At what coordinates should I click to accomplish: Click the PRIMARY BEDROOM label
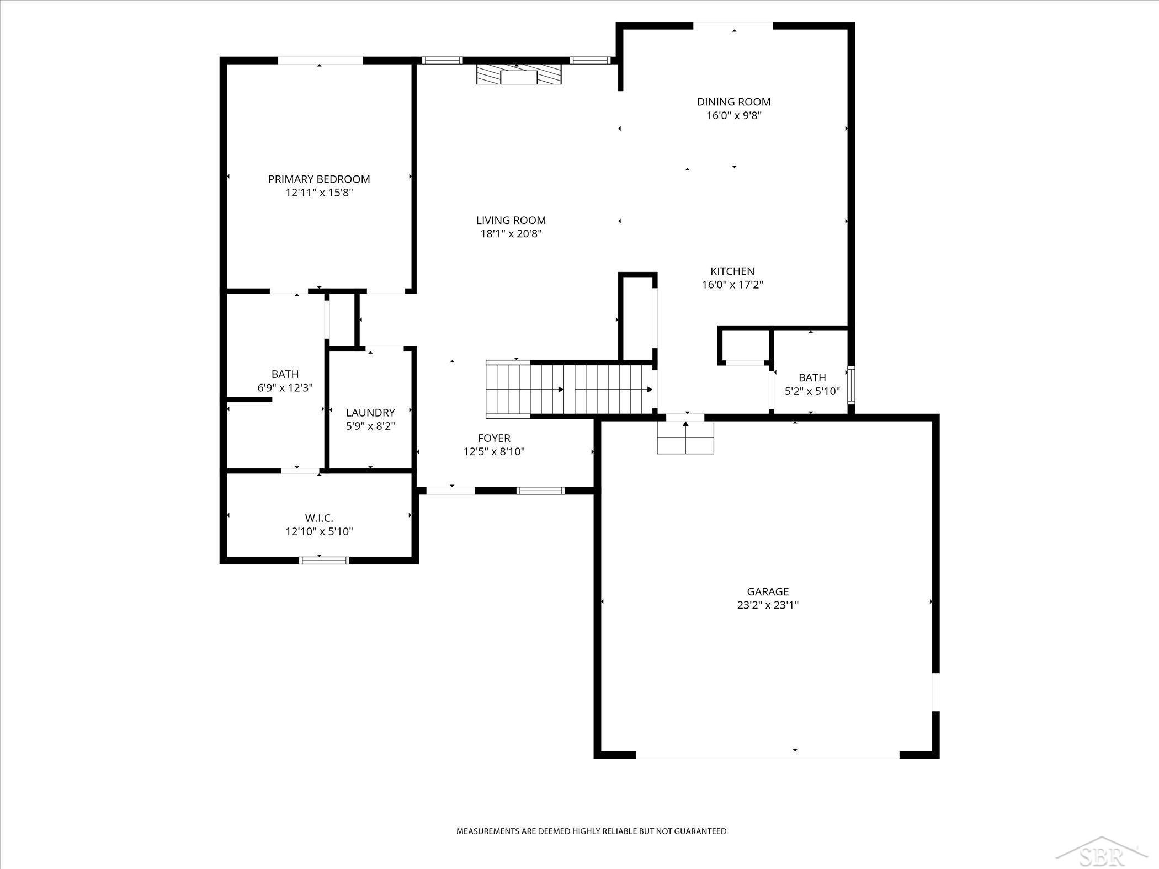[x=319, y=179]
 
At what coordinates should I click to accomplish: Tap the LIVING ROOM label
[x=511, y=221]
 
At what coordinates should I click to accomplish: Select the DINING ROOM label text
[x=734, y=102]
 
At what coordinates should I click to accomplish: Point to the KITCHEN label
[x=732, y=271]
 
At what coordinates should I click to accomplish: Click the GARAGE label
[x=768, y=591]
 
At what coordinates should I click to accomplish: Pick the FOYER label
[x=494, y=438]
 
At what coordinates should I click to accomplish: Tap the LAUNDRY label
[x=370, y=413]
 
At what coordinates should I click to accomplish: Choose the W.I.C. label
[x=319, y=518]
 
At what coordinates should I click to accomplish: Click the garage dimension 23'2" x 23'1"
[x=768, y=605]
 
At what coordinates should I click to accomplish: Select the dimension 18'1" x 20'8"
[x=511, y=234]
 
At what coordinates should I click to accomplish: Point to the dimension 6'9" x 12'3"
[x=285, y=388]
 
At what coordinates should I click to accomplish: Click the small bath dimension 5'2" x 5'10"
[x=812, y=391]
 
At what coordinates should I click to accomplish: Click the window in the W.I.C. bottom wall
[x=324, y=560]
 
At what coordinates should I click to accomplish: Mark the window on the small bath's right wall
[x=851, y=385]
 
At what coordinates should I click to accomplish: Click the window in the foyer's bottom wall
[x=540, y=491]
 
